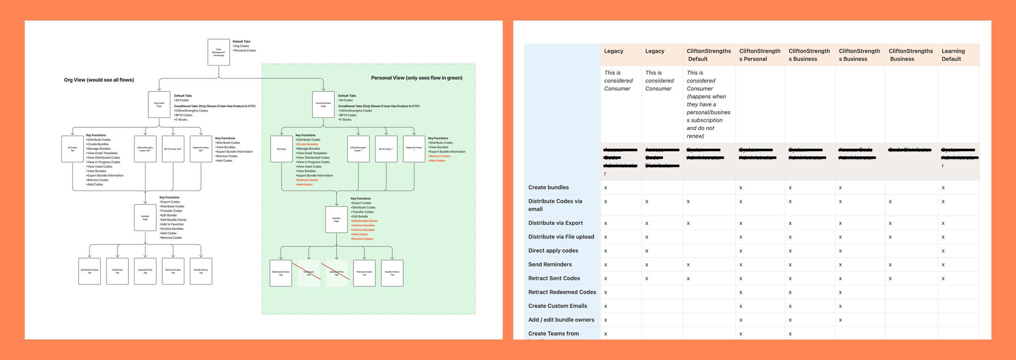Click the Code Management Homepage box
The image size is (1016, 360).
click(x=219, y=52)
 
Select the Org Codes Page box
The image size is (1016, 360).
click(x=159, y=104)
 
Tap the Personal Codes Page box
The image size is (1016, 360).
click(x=323, y=104)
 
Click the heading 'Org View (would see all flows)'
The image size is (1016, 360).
click(x=99, y=80)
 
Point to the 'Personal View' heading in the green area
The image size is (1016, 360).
click(x=417, y=78)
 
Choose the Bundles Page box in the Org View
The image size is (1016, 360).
click(x=145, y=218)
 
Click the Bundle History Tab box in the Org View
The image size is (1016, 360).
click(x=201, y=271)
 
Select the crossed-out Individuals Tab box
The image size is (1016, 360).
click(x=308, y=273)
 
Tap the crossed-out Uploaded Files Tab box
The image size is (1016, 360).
click(x=336, y=273)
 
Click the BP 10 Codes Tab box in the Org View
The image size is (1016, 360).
click(x=173, y=149)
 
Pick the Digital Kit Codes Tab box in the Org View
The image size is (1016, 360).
click(x=201, y=149)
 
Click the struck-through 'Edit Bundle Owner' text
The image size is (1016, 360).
click(x=365, y=221)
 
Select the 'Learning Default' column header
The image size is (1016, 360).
click(x=953, y=55)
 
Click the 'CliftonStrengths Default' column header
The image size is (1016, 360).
click(x=708, y=55)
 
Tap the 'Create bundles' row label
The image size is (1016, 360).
click(x=548, y=187)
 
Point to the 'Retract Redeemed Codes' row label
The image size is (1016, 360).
click(x=562, y=292)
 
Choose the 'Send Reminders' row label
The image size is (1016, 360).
click(x=549, y=265)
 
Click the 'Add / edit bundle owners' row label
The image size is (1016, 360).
click(x=561, y=320)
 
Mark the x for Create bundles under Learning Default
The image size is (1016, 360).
click(x=943, y=188)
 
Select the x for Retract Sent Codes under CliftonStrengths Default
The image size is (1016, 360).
click(x=688, y=279)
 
